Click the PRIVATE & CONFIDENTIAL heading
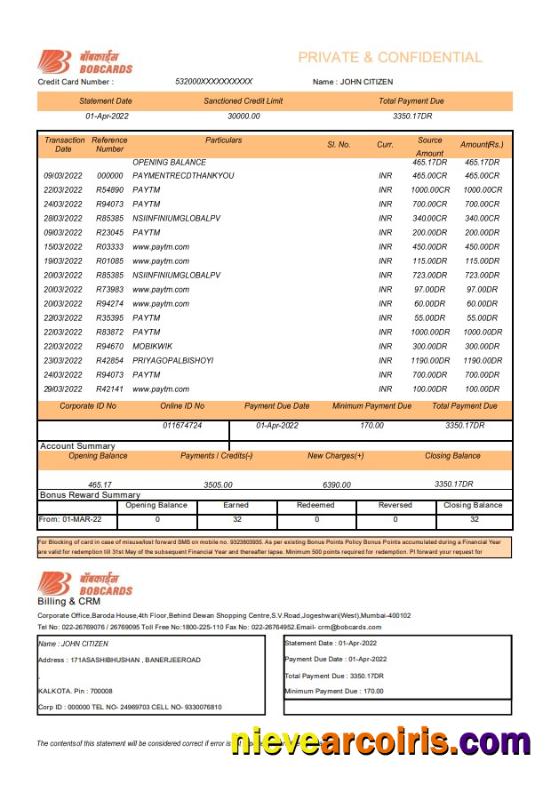tap(389, 58)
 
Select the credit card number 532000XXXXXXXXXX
tap(214, 82)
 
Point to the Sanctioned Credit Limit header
tap(243, 101)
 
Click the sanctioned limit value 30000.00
tap(243, 116)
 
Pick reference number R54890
tap(110, 190)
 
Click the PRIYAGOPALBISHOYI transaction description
tap(173, 360)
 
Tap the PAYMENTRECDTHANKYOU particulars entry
tap(183, 176)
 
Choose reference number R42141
tap(110, 388)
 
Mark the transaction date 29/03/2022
tap(62, 388)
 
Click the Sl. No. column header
tap(339, 145)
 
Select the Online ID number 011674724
tap(182, 426)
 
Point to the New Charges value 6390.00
tap(336, 484)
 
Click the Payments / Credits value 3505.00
tap(217, 484)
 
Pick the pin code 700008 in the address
tap(99, 690)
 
